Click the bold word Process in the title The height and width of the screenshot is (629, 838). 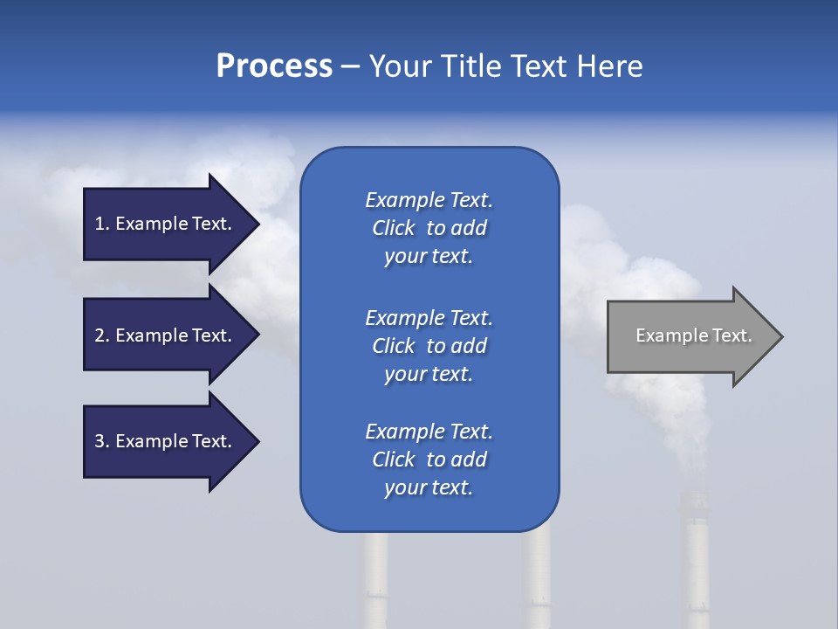click(274, 66)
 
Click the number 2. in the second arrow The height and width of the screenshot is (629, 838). click(101, 335)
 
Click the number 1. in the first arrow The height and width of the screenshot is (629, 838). click(101, 224)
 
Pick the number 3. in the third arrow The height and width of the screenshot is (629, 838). click(101, 441)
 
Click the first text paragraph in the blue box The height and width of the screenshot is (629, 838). click(429, 228)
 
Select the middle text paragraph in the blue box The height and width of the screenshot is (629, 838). click(429, 346)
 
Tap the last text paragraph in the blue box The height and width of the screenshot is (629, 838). click(429, 460)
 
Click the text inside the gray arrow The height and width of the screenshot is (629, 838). click(693, 335)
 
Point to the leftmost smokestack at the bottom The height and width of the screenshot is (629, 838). click(376, 581)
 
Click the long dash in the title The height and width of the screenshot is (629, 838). click(350, 67)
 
